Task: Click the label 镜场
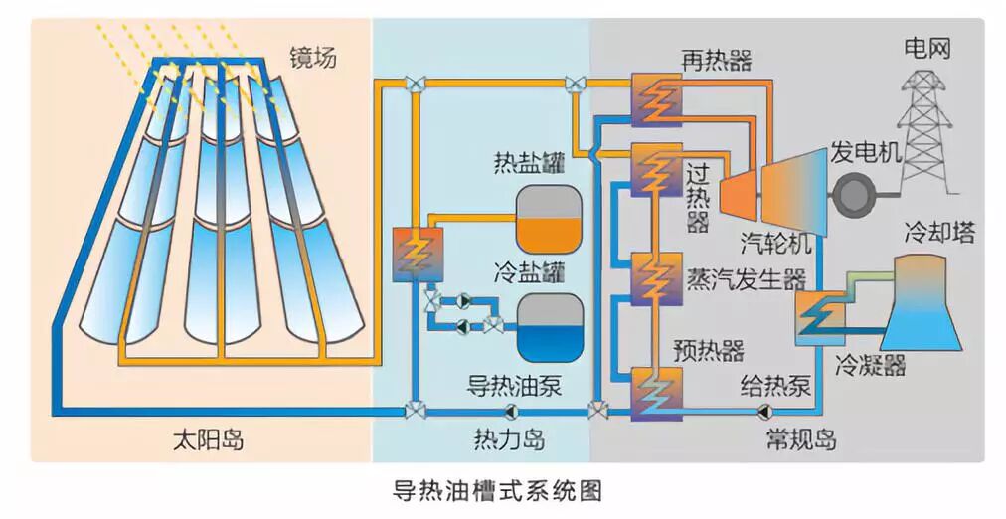point(313,57)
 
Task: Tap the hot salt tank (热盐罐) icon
point(547,219)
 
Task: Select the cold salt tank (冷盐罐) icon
point(547,327)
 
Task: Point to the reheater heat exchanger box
point(656,96)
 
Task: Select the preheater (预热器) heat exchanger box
point(656,393)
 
